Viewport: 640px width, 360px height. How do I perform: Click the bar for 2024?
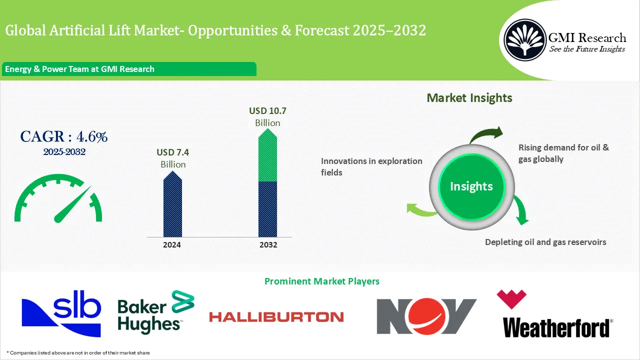[173, 205]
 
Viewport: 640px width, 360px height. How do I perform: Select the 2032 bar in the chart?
[267, 185]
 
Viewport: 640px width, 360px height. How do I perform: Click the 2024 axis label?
[172, 245]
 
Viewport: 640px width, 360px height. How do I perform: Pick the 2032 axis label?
[268, 245]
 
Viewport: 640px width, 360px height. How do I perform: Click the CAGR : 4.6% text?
[63, 136]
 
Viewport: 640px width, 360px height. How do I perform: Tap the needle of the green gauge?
[72, 204]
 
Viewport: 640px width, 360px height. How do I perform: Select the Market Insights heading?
[469, 98]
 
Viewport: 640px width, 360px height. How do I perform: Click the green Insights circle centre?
[471, 186]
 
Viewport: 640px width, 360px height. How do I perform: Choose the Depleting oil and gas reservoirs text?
[545, 242]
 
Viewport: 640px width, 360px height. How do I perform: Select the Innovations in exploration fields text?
[371, 166]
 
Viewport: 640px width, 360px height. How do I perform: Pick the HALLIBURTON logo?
[276, 316]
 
